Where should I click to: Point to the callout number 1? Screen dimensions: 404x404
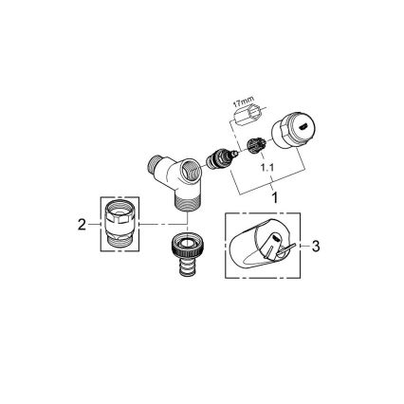[273, 197]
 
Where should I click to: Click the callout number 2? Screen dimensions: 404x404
[81, 224]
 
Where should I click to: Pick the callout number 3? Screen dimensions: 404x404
[316, 246]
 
